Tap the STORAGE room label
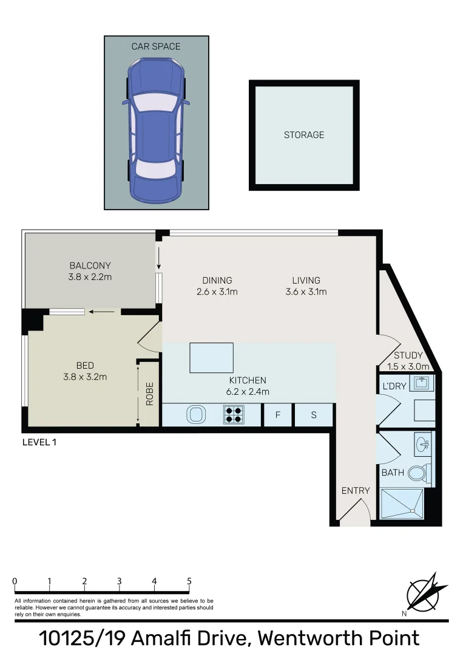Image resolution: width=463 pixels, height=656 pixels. click(x=304, y=135)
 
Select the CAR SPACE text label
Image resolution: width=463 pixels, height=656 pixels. click(x=156, y=46)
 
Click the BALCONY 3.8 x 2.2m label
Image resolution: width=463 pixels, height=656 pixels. click(x=90, y=271)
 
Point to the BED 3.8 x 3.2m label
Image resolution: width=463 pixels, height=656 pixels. click(x=85, y=371)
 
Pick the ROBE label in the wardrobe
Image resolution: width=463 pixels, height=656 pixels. click(x=149, y=393)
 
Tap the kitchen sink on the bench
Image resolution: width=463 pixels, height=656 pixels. click(x=195, y=415)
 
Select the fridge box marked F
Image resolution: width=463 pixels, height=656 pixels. click(x=278, y=415)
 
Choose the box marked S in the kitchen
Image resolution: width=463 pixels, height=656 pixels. click(x=314, y=415)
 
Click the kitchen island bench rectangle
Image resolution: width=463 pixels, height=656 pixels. click(x=212, y=358)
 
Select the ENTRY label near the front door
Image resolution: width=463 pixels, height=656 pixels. click(x=355, y=491)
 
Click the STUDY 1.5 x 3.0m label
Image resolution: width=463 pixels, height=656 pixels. click(x=408, y=361)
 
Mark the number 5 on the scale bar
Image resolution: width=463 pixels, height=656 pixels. click(x=189, y=581)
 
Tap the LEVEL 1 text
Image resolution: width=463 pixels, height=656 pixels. click(x=39, y=442)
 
